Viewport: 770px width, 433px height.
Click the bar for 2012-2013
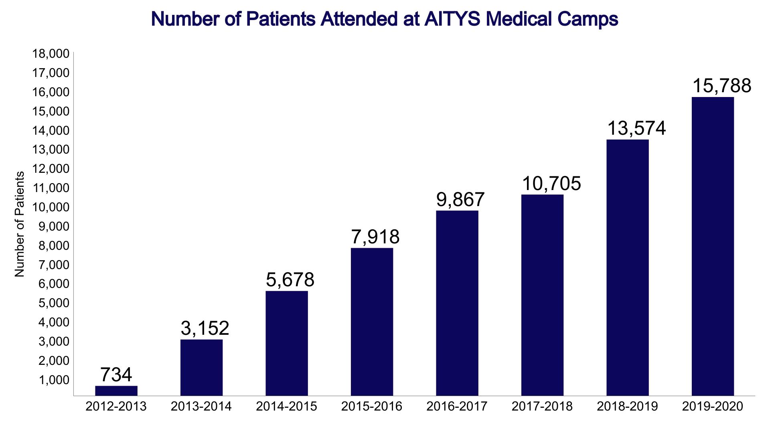tap(116, 391)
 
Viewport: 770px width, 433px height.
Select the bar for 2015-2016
tap(372, 322)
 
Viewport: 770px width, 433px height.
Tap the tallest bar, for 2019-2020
tap(713, 246)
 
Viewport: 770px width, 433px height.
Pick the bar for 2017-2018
tap(542, 295)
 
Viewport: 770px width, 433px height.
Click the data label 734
tap(116, 375)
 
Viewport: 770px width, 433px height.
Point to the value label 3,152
tap(205, 328)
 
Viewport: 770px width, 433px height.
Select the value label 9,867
tap(460, 199)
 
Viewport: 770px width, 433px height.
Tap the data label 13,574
tap(636, 128)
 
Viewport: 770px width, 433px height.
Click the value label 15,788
tap(721, 86)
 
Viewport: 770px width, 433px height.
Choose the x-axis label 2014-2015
tap(286, 407)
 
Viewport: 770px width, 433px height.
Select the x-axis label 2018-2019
tap(627, 407)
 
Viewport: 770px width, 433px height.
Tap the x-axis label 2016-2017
tap(457, 407)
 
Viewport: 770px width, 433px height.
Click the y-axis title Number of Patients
tap(20, 224)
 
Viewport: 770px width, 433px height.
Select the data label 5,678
tap(290, 280)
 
